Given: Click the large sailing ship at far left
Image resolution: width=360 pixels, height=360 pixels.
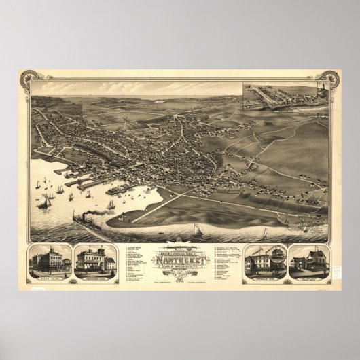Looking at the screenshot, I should pos(47,200).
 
